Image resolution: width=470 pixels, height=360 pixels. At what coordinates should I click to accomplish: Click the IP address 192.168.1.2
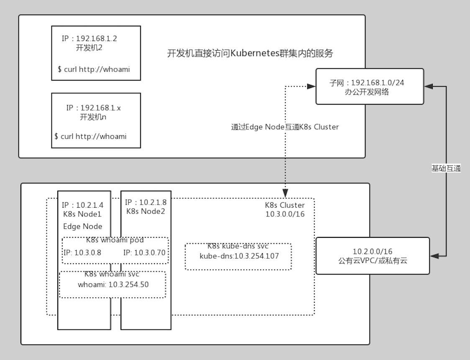(97, 39)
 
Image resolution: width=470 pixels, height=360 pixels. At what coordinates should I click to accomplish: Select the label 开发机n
(93, 117)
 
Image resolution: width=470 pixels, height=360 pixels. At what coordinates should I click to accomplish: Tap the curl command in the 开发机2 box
(94, 69)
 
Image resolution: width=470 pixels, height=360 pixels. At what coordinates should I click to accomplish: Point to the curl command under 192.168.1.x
(90, 136)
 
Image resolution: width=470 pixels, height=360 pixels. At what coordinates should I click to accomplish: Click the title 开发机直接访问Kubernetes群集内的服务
(250, 53)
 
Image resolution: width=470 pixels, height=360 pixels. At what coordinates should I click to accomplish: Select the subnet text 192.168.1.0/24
(378, 83)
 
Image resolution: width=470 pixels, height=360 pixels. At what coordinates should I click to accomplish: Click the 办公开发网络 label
(367, 92)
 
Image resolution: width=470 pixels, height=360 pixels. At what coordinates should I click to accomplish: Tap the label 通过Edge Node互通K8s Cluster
(285, 127)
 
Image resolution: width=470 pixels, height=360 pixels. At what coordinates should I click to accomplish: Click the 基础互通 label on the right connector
(446, 168)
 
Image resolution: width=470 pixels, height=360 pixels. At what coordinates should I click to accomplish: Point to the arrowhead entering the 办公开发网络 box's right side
(429, 86)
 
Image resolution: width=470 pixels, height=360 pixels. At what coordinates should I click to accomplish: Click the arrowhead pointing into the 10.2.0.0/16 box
(434, 256)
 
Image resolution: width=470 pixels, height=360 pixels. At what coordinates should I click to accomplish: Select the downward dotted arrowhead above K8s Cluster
(285, 193)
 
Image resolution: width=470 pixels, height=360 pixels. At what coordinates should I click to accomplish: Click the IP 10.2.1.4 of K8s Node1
(90, 205)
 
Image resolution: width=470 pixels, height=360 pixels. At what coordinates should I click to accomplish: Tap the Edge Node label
(83, 226)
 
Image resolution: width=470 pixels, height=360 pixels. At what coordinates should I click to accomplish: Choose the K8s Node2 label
(146, 211)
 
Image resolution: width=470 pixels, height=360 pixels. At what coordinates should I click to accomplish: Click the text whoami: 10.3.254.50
(113, 285)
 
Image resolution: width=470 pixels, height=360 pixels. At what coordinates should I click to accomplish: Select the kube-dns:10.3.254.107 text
(239, 256)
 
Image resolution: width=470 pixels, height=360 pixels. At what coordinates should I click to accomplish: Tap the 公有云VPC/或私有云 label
(373, 260)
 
